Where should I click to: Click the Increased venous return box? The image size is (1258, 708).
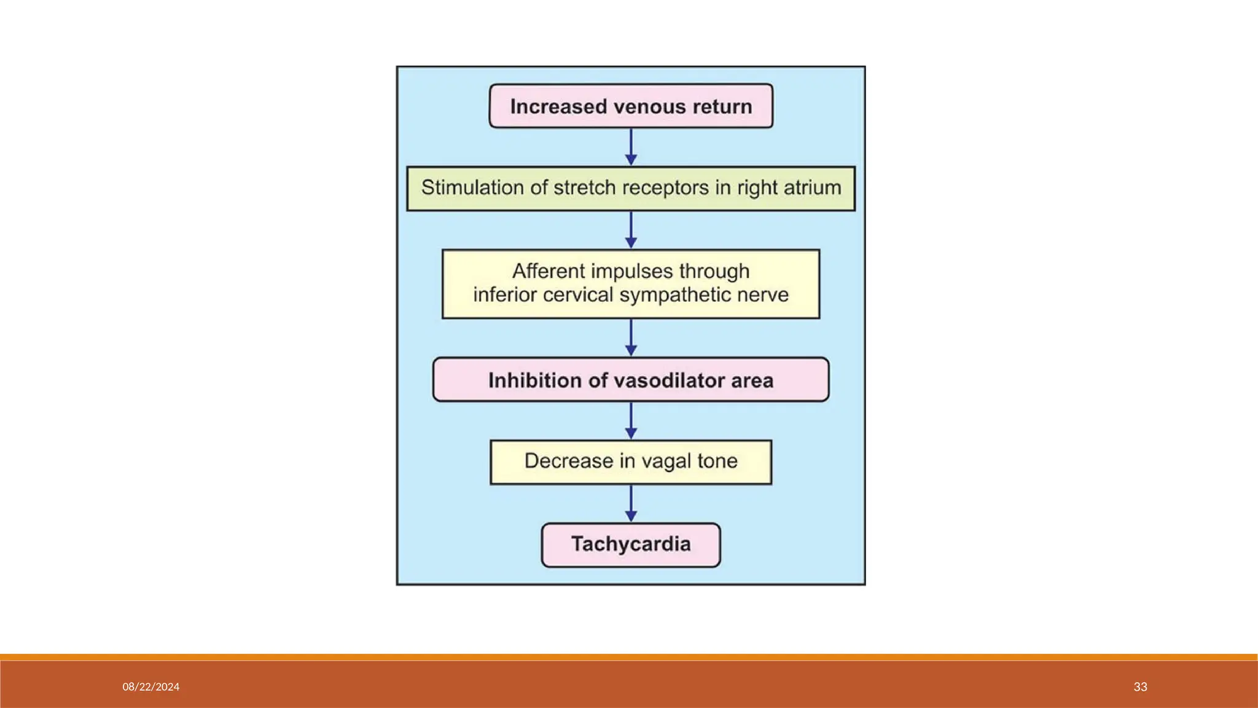tap(631, 106)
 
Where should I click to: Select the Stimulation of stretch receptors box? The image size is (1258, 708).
tap(631, 188)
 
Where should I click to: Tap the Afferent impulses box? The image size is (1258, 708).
tap(631, 283)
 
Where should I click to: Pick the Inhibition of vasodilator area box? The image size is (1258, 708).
tap(631, 380)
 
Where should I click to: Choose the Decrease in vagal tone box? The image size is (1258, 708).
tap(631, 462)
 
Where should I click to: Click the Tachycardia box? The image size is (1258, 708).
tap(631, 545)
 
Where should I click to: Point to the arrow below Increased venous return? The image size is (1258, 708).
tap(631, 147)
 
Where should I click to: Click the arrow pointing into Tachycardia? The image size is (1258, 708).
tap(631, 503)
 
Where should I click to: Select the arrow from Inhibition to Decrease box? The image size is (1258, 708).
tap(631, 421)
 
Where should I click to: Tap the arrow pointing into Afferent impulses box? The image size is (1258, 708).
tap(631, 230)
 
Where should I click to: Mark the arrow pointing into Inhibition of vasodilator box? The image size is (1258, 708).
tap(631, 337)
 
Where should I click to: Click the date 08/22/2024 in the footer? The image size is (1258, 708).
tap(151, 687)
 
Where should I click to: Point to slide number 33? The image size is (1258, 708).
tap(1140, 687)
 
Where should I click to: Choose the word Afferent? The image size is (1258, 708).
tap(549, 271)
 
